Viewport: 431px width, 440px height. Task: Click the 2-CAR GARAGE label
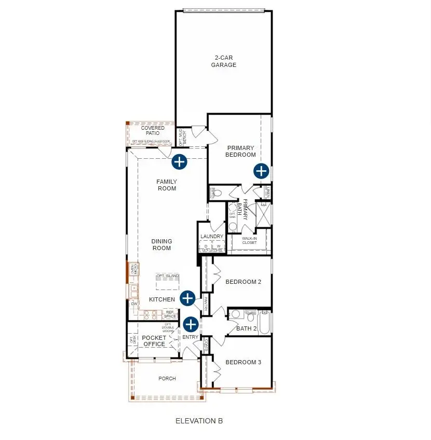point(223,61)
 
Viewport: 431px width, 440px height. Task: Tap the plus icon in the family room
point(179,161)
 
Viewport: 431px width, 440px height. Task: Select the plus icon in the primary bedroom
point(261,171)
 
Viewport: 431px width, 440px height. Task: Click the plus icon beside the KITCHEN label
point(187,298)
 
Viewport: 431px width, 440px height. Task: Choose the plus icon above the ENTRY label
point(191,324)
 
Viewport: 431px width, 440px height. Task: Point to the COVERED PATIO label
point(153,130)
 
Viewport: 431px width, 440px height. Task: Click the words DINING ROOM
point(161,244)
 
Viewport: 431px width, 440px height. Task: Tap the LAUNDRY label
point(212,237)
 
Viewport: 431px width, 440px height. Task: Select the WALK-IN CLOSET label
point(249,240)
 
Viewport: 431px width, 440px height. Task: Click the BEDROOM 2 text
point(243,282)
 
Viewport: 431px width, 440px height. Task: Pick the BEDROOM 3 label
point(243,362)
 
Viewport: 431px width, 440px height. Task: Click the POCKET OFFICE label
point(154,341)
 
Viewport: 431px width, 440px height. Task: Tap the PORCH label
point(167,379)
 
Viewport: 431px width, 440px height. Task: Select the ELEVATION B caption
point(199,421)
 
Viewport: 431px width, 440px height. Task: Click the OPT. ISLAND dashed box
point(167,283)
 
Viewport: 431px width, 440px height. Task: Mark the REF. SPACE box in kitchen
point(170,314)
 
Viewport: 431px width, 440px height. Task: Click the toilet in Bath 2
point(235,314)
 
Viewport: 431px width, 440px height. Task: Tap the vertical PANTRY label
point(206,304)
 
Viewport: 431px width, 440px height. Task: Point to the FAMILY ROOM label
point(167,185)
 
